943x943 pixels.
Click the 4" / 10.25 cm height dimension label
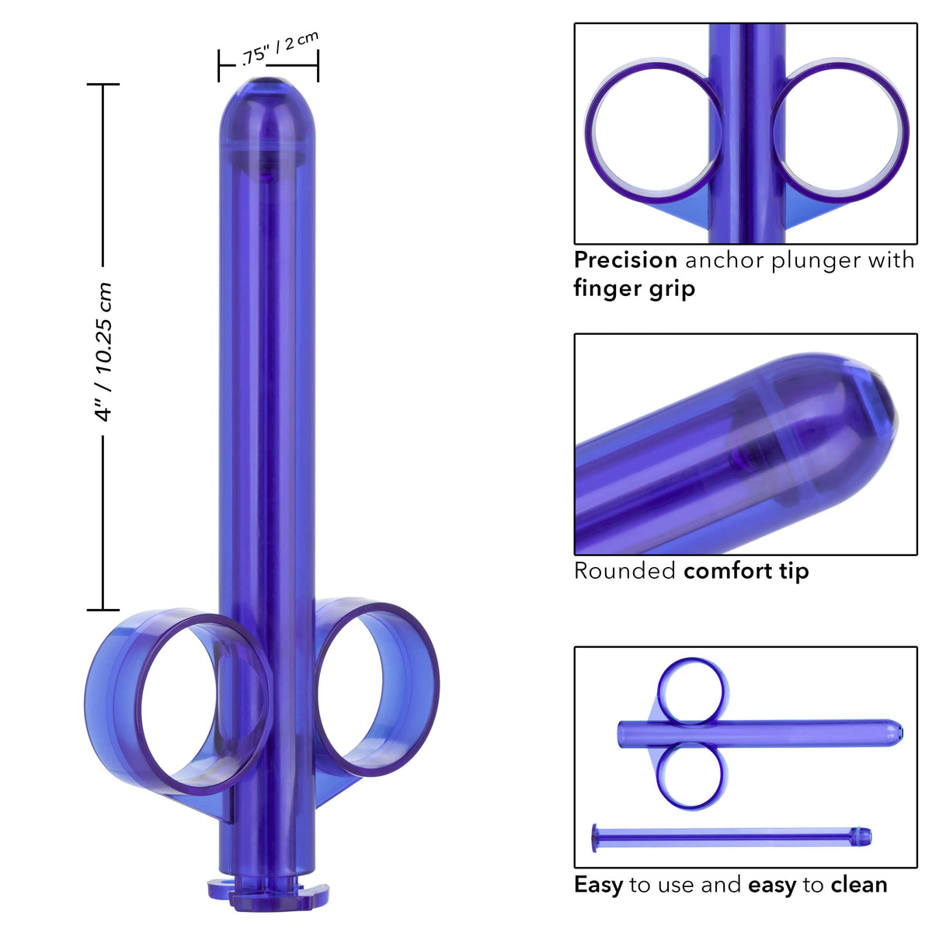pyautogui.click(x=103, y=352)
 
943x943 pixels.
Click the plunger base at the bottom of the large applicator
pyautogui.click(x=267, y=892)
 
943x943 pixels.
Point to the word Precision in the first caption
pyautogui.click(x=625, y=259)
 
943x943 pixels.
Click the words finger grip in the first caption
pyautogui.click(x=634, y=288)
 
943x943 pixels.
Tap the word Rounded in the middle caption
pyautogui.click(x=625, y=571)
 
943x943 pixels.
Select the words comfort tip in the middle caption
pyautogui.click(x=746, y=571)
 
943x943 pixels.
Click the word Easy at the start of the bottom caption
pyautogui.click(x=598, y=885)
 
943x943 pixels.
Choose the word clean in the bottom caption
pyautogui.click(x=858, y=885)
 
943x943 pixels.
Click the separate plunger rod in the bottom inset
pyautogui.click(x=730, y=837)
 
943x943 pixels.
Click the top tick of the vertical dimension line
pyautogui.click(x=103, y=84)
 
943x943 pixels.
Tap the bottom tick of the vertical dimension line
pyautogui.click(x=103, y=610)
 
